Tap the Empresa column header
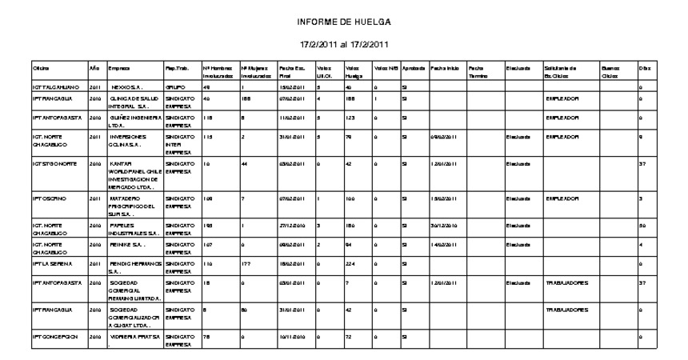tap(118, 70)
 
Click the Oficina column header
tap(40, 70)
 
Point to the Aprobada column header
tap(414, 70)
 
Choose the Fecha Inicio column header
tap(445, 70)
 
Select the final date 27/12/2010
tap(290, 226)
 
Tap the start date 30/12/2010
tap(446, 226)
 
